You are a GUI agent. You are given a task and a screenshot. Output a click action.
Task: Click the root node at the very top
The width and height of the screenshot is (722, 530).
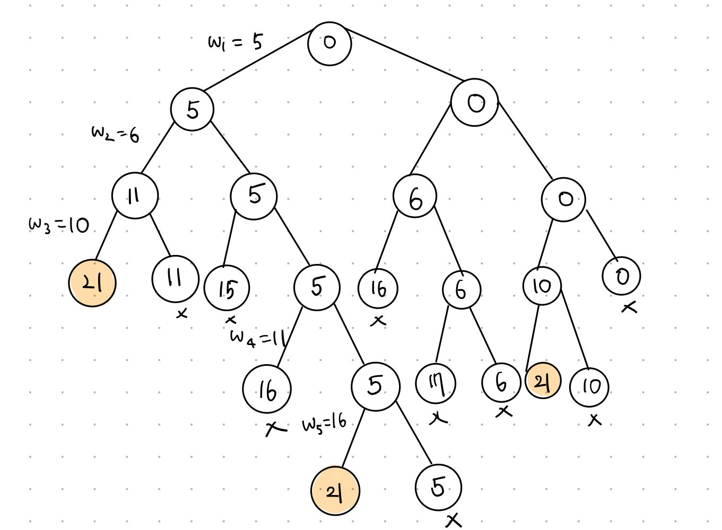click(329, 43)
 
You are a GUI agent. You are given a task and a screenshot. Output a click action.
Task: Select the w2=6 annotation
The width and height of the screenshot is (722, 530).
click(115, 134)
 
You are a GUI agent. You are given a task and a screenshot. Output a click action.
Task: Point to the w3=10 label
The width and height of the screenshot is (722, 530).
click(59, 225)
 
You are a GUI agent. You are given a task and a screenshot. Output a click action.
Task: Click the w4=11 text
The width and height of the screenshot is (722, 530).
click(258, 338)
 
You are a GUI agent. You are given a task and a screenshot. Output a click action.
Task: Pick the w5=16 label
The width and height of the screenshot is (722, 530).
click(324, 423)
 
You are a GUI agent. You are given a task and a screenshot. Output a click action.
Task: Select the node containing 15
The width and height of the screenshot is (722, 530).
click(227, 288)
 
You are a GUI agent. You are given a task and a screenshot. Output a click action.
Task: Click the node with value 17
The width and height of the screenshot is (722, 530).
click(436, 383)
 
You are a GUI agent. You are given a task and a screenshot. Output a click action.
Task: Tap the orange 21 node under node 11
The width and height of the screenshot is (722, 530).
click(92, 283)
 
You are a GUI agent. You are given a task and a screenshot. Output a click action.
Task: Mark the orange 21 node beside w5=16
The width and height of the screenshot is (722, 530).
click(335, 491)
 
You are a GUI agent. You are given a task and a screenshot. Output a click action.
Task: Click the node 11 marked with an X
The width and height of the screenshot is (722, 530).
click(175, 278)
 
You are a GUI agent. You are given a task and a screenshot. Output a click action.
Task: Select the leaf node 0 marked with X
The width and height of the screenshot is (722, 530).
click(622, 276)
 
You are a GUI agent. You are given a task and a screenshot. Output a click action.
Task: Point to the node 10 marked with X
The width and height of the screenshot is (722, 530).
click(589, 387)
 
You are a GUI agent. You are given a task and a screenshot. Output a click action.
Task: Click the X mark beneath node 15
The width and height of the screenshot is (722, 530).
click(230, 320)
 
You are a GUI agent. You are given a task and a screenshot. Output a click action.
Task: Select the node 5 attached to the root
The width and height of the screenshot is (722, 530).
click(192, 110)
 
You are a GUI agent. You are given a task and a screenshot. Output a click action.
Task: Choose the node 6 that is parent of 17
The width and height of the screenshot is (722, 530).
click(462, 289)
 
